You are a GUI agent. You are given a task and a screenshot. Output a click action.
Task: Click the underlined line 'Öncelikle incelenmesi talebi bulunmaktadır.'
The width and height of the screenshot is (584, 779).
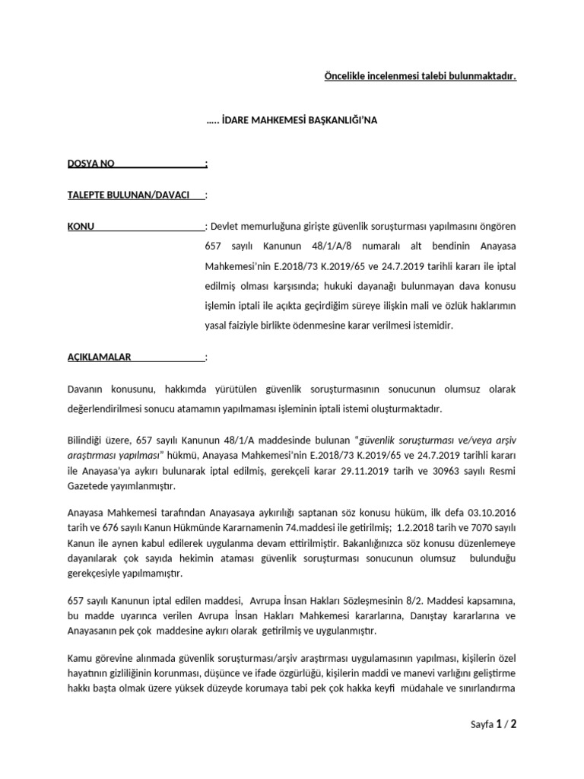[x=415, y=76]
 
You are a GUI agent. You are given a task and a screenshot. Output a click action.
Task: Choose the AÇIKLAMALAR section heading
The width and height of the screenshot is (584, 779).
[x=99, y=357]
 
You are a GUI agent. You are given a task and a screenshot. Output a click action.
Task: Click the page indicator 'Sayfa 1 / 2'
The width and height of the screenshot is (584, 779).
[x=494, y=725]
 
